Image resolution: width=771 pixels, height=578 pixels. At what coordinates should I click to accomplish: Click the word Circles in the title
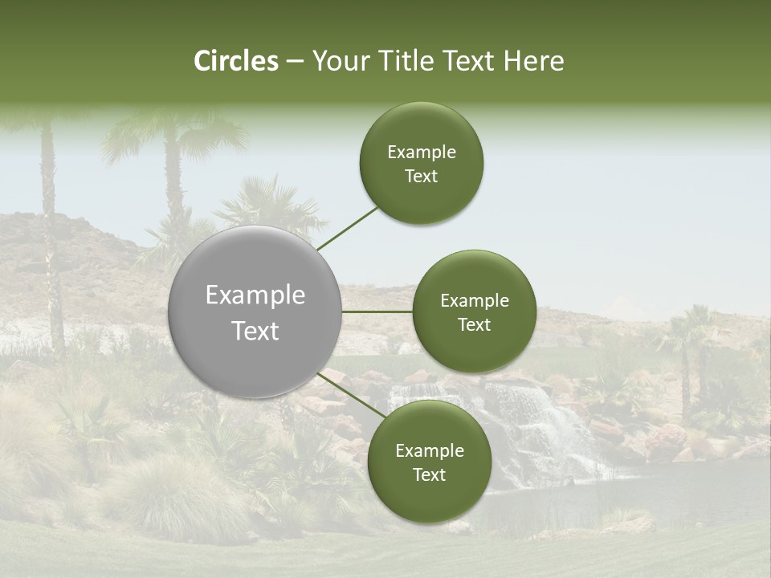[x=236, y=61]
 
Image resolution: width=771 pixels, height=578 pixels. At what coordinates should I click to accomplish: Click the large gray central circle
[x=255, y=311]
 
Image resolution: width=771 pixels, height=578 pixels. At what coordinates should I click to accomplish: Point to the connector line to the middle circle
[x=377, y=311]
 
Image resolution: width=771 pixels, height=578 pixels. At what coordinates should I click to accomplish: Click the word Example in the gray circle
[x=255, y=295]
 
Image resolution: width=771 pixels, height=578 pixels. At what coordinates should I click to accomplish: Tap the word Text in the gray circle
[x=255, y=331]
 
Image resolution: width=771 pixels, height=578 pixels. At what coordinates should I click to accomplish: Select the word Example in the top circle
[x=421, y=153]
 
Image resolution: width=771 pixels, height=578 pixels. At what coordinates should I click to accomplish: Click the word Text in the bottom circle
[x=429, y=474]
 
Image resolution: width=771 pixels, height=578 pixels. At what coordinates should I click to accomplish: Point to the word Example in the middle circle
[x=474, y=301]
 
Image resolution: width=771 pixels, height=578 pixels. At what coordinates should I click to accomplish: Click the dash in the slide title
[x=295, y=62]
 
